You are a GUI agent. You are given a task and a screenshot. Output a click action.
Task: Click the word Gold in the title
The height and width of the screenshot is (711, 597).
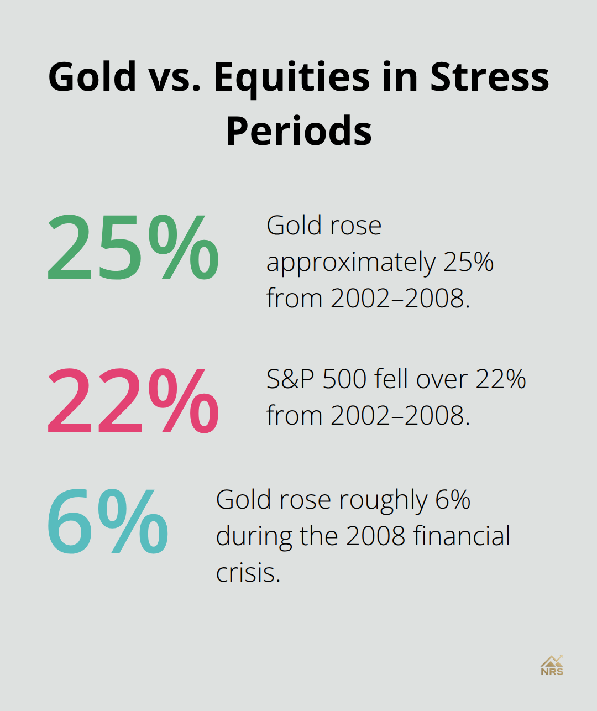(92, 76)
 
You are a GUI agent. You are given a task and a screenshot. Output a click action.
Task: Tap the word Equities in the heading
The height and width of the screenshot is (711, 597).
(291, 76)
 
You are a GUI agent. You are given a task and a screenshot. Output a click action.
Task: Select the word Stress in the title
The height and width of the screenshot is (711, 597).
(490, 76)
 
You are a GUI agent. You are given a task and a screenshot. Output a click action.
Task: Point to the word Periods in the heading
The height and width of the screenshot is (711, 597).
(298, 131)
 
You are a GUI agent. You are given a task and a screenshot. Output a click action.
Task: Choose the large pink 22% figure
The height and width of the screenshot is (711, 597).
(133, 401)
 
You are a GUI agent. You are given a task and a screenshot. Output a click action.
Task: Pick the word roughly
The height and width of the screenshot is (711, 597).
(383, 501)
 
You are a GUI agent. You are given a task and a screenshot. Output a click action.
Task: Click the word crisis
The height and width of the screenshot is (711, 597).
(248, 573)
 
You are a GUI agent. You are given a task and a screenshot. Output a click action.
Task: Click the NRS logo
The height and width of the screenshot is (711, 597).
(552, 666)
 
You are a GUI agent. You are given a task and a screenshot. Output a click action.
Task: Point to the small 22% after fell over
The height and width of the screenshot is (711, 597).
(501, 379)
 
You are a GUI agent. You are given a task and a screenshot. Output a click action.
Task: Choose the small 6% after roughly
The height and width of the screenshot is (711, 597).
(453, 500)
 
